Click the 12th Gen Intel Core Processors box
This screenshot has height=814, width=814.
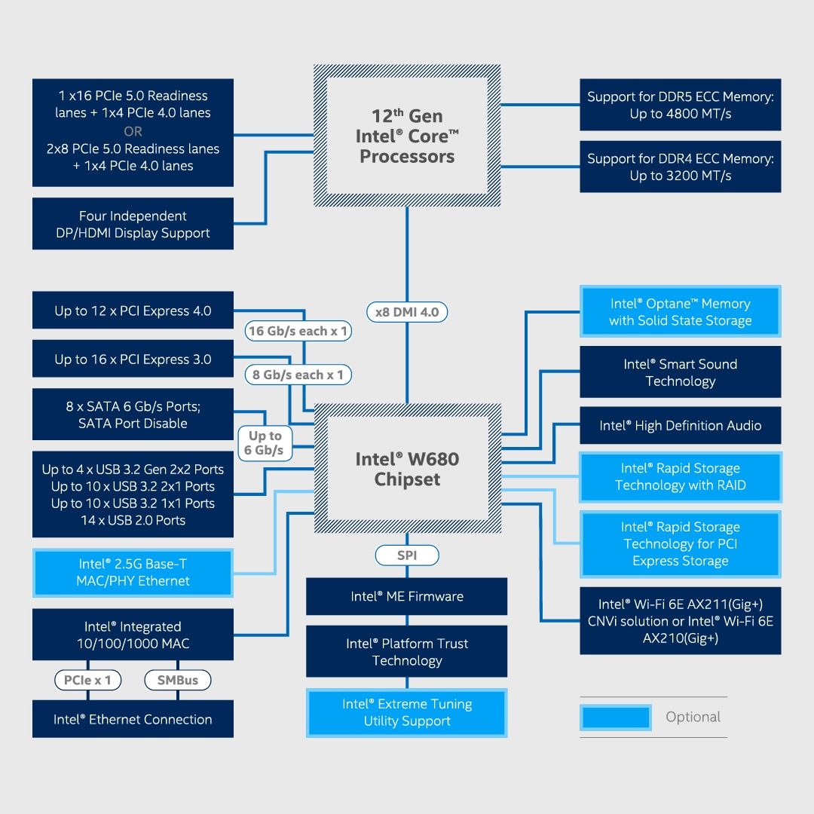[407, 136]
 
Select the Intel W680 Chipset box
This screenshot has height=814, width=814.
[407, 469]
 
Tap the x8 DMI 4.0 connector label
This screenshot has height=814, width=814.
[407, 311]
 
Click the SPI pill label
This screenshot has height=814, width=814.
[407, 555]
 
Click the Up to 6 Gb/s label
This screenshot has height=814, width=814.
[265, 443]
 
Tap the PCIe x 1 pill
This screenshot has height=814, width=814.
[87, 680]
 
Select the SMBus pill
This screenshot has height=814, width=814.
[178, 680]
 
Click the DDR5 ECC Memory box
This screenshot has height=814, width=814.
[680, 105]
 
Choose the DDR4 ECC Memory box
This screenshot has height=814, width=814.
[680, 167]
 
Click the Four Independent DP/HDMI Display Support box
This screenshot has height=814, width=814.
[133, 224]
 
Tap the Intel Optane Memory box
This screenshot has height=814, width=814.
[680, 311]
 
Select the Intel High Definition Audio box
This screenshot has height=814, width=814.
[680, 425]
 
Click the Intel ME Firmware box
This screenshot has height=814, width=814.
[407, 596]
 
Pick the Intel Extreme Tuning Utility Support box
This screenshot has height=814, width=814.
[407, 712]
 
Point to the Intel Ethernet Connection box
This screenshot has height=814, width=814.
[133, 719]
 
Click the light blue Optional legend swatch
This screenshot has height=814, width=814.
[615, 717]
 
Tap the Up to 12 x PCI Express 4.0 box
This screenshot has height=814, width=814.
[133, 311]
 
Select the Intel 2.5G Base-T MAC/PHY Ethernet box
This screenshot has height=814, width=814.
[133, 572]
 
